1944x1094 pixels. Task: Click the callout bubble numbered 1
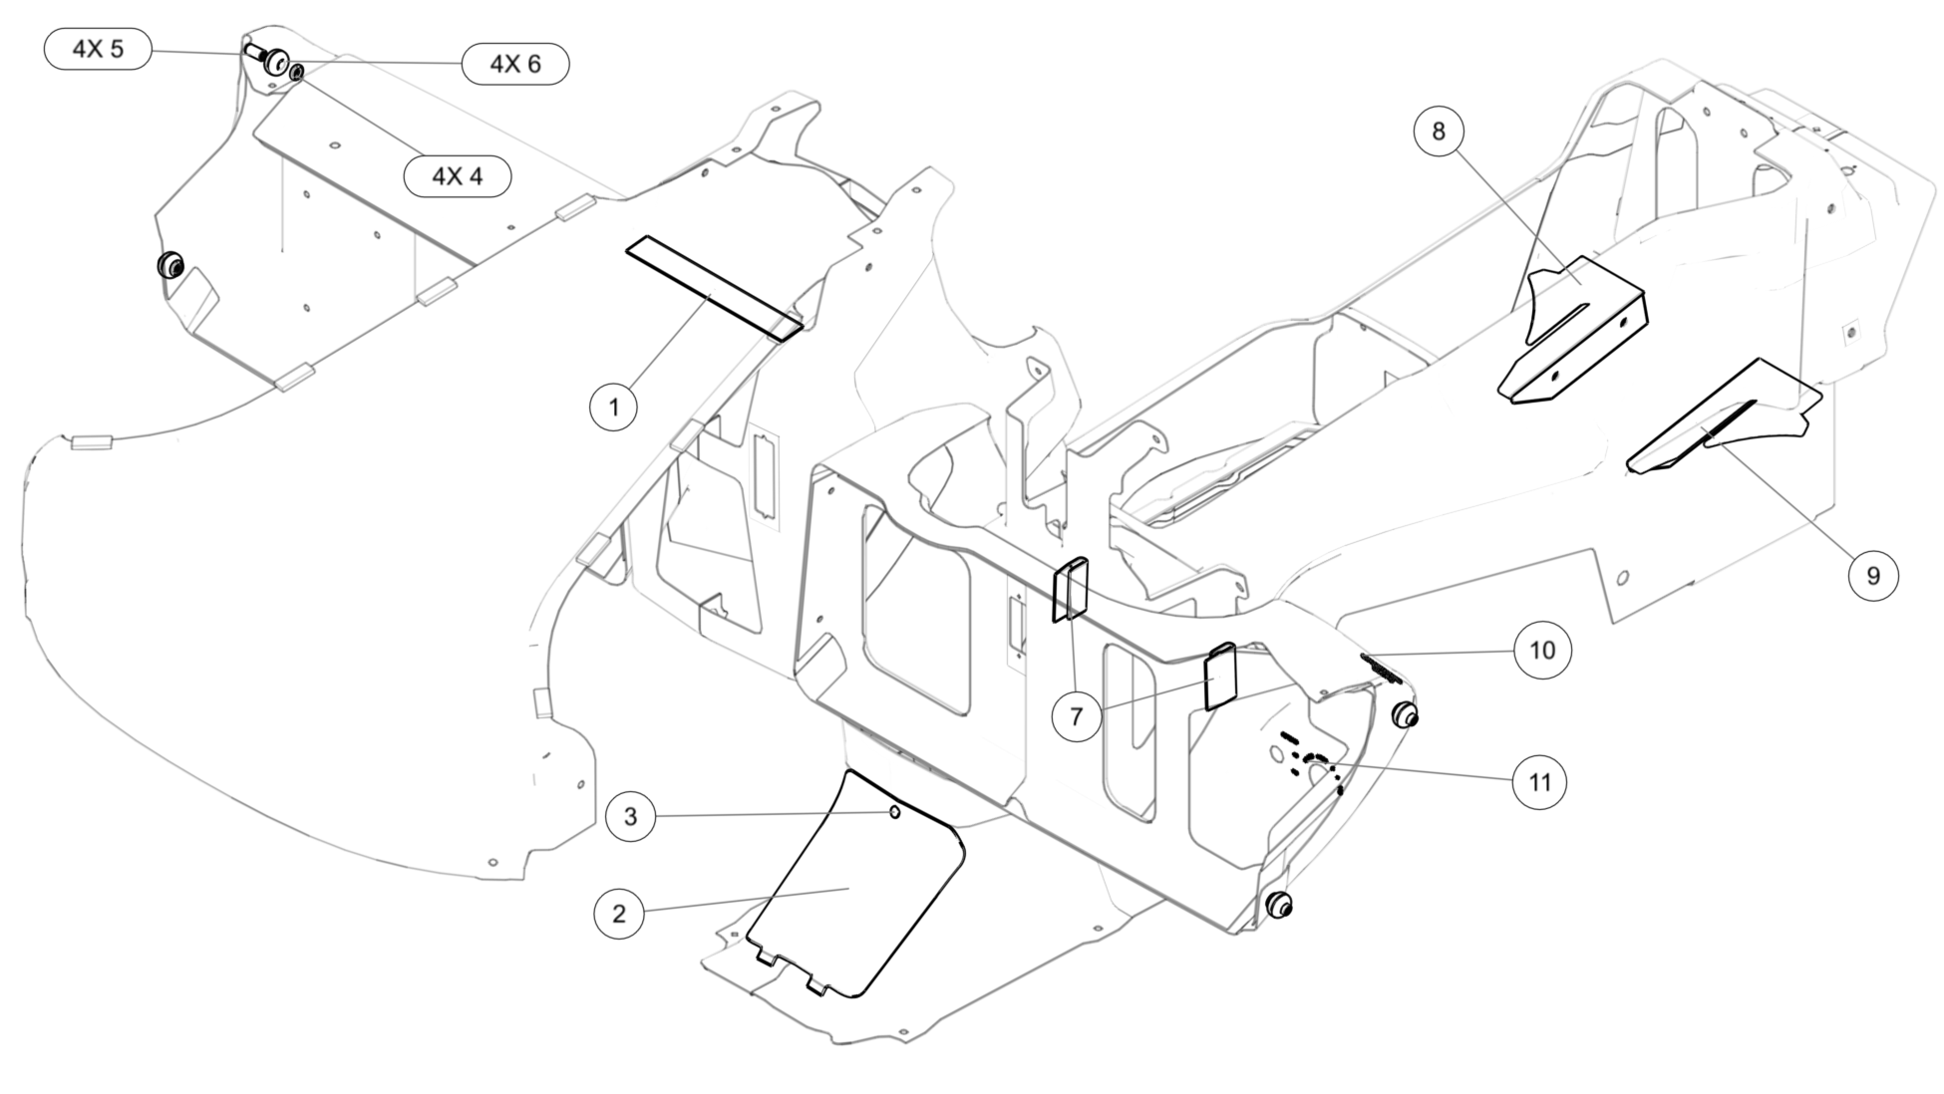click(614, 407)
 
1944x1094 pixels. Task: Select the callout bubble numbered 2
click(619, 914)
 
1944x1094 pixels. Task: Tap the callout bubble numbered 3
click(631, 817)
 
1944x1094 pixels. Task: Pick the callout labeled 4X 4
click(458, 176)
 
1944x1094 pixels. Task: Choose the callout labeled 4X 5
click(98, 49)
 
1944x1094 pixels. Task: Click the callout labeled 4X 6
click(515, 64)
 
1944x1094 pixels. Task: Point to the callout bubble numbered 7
click(1077, 715)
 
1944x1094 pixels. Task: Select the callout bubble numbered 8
click(1439, 131)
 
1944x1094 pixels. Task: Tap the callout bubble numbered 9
click(1873, 575)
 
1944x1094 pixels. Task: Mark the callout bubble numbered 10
click(1542, 651)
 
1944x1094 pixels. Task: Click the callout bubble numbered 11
click(1540, 782)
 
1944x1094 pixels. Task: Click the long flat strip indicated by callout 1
click(714, 288)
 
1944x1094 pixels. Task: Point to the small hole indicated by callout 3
click(895, 813)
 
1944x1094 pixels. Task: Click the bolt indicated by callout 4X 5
click(254, 49)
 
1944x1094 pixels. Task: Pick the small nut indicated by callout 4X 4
click(297, 72)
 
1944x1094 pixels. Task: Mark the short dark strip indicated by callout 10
click(1382, 668)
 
